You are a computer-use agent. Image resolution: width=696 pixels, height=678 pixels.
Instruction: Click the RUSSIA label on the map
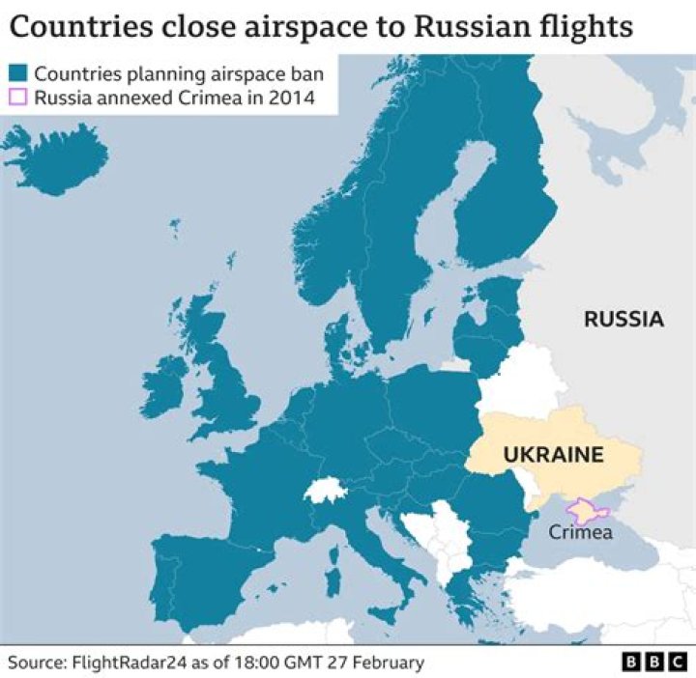pos(623,319)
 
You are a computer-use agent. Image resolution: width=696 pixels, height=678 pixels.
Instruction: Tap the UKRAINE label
pos(552,454)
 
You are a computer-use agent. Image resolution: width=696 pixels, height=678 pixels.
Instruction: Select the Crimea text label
pos(580,531)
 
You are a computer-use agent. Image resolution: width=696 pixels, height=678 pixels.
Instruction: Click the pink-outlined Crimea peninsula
pos(584,509)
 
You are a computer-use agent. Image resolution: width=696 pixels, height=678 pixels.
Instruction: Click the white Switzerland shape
pos(325,489)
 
